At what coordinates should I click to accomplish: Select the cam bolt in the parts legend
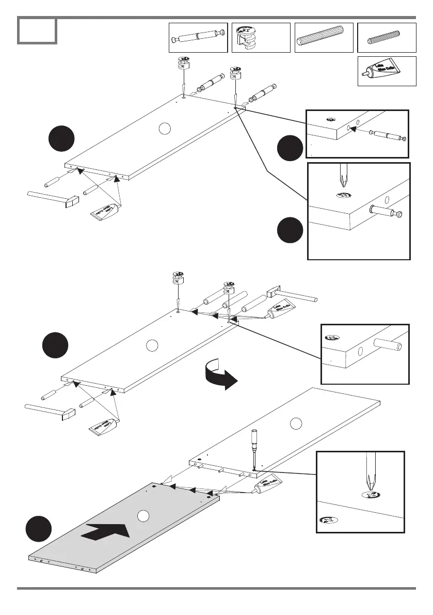click(199, 38)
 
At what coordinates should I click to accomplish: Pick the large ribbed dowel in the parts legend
click(324, 37)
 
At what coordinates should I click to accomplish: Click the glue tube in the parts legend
click(387, 71)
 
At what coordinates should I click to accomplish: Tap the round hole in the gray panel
click(143, 515)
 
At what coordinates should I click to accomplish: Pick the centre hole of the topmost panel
click(164, 129)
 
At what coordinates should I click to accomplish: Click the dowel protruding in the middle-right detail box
click(387, 345)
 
